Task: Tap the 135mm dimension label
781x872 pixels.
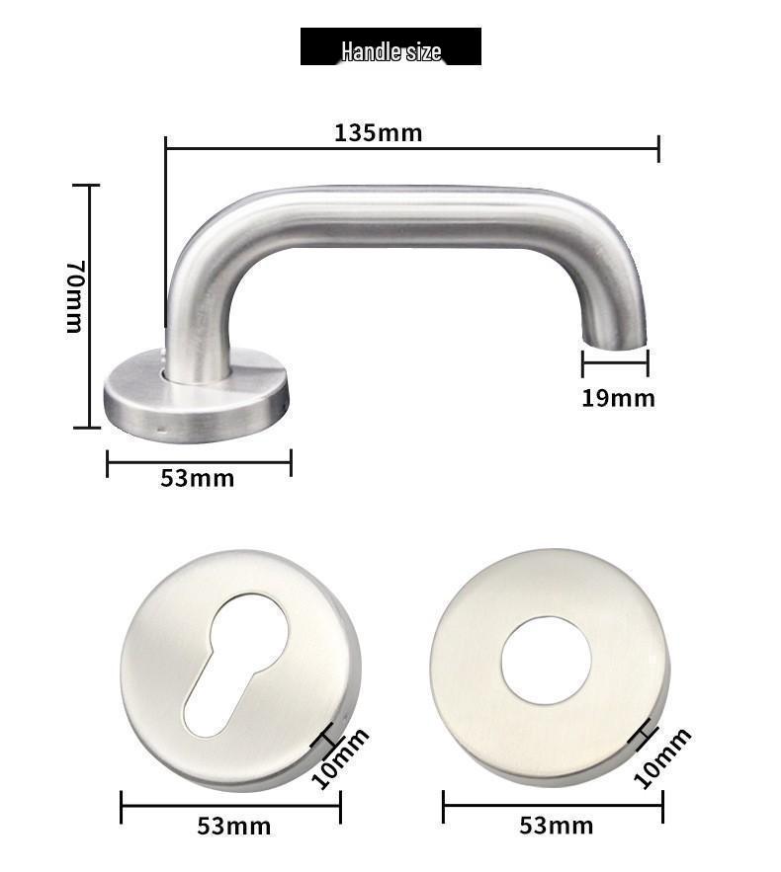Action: point(378,132)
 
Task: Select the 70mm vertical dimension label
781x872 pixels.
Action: point(75,296)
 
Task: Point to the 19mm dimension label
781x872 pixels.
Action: point(618,398)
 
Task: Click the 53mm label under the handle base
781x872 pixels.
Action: point(198,479)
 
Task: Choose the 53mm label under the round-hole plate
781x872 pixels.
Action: point(557,826)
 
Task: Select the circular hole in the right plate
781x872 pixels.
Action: point(546,660)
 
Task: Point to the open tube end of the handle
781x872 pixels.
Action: point(615,342)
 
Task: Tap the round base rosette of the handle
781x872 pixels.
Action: point(196,395)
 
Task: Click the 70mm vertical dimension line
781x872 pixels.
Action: point(90,306)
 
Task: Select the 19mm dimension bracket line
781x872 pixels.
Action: point(615,363)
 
